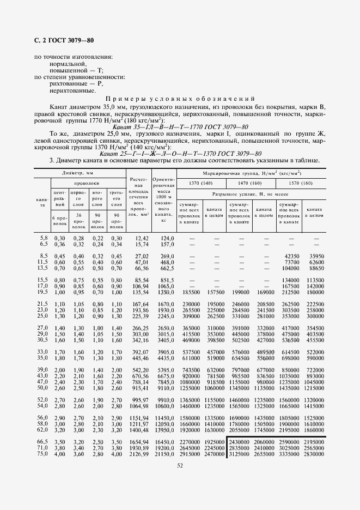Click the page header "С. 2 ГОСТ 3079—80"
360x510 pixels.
[64, 41]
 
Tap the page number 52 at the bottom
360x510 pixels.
[179, 464]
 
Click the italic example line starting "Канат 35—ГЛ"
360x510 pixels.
[186, 127]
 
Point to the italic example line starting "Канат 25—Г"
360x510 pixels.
[185, 153]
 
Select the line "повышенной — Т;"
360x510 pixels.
[76, 70]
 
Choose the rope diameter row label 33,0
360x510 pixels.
[42, 351]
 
